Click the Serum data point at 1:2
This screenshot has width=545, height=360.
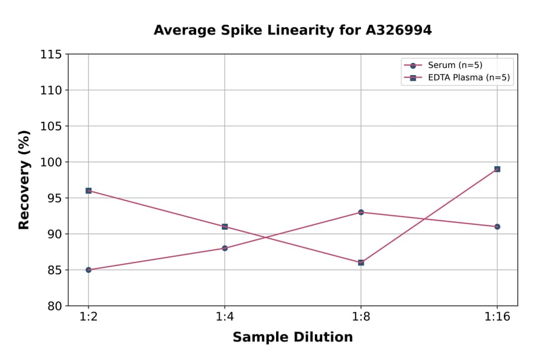[88, 270]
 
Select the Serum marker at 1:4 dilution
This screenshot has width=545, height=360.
[225, 248]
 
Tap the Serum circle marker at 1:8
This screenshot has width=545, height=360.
[361, 212]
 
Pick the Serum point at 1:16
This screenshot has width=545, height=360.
[497, 227]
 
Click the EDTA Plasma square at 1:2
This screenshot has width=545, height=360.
[88, 190]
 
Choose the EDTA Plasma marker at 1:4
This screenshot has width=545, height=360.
[225, 227]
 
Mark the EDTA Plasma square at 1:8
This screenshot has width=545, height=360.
[361, 262]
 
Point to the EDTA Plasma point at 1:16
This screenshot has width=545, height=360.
[497, 169]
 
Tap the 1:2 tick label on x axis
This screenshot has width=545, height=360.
[88, 318]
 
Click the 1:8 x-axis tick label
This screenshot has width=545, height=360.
[361, 318]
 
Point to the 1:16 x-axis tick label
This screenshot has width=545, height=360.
[497, 318]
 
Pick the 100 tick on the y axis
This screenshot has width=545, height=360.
[51, 162]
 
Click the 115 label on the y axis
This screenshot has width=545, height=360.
[51, 55]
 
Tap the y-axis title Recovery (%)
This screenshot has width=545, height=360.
[24, 180]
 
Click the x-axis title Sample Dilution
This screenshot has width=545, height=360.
[292, 338]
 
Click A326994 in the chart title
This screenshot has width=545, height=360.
[397, 30]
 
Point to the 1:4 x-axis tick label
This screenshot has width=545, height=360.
[225, 318]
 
